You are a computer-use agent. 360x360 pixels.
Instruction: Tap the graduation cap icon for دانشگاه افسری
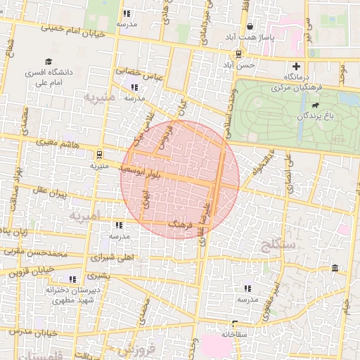[x=49, y=62]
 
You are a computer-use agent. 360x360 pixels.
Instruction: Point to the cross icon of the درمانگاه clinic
[x=296, y=66]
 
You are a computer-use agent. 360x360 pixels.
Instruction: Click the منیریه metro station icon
[x=99, y=154]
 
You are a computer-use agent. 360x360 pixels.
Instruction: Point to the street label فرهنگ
[x=181, y=224]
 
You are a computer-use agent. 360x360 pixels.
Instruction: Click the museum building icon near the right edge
[x=334, y=269]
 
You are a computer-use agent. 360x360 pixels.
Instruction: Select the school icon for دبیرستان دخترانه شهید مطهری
[x=73, y=279]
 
